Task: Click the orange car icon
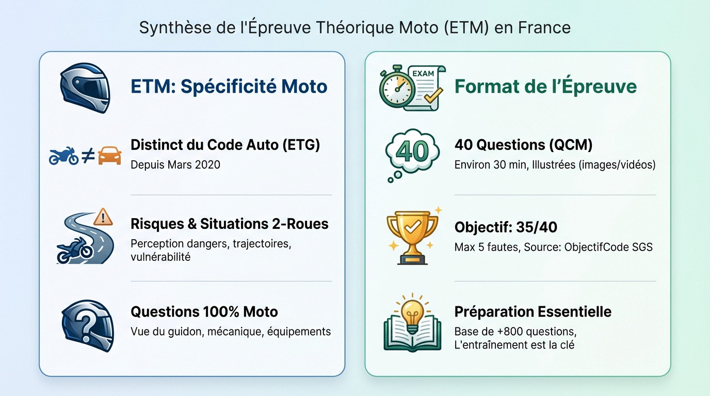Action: tap(110, 155)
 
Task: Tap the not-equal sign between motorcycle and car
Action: tap(88, 155)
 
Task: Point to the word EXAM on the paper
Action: tap(423, 74)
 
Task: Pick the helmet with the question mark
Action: tap(88, 325)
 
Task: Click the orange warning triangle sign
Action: tap(103, 217)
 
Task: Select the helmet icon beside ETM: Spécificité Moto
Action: tap(85, 88)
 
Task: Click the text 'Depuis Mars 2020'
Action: tap(175, 164)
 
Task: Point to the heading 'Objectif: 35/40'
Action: tap(506, 227)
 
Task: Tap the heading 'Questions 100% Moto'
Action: tap(204, 312)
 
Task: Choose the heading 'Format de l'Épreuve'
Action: tap(545, 86)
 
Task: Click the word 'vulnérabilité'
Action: tap(160, 257)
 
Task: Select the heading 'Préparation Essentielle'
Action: tap(533, 312)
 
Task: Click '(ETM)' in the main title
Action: tap(466, 27)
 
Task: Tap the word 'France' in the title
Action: tap(544, 27)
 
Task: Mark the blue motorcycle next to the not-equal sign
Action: tap(63, 156)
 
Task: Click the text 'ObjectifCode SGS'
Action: tap(608, 247)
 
